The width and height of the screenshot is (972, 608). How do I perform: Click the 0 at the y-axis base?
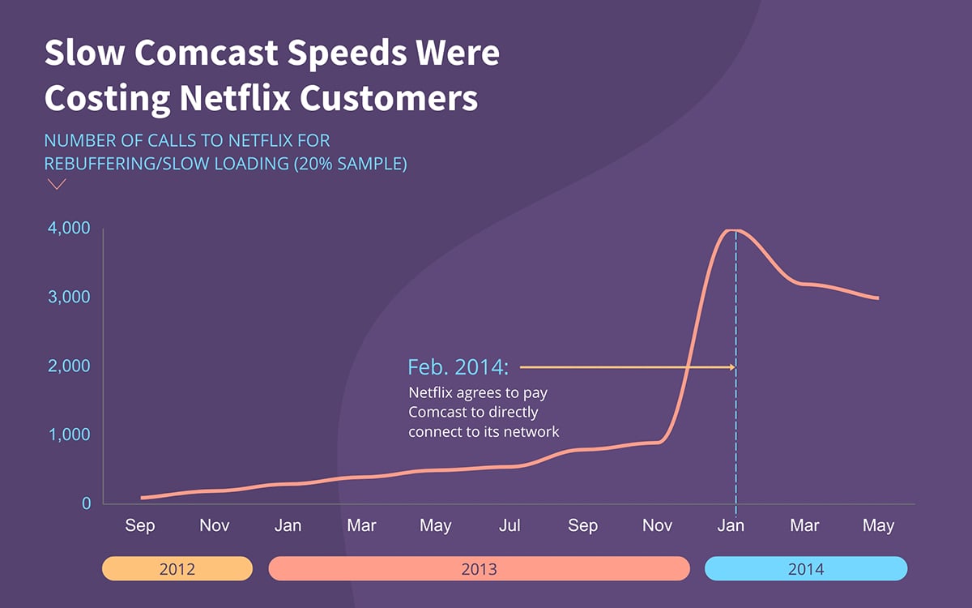(86, 503)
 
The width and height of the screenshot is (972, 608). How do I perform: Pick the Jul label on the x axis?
(509, 526)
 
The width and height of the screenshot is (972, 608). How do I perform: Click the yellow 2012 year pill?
(177, 569)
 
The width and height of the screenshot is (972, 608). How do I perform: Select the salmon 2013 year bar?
(479, 569)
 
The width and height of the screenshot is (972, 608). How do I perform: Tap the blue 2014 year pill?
(805, 569)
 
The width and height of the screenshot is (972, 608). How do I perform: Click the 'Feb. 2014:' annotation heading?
(458, 367)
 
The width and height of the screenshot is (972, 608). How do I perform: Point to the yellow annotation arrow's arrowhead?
(731, 367)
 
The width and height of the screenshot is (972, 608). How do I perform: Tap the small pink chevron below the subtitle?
(57, 184)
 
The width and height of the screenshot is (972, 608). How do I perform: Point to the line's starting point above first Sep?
(142, 498)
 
